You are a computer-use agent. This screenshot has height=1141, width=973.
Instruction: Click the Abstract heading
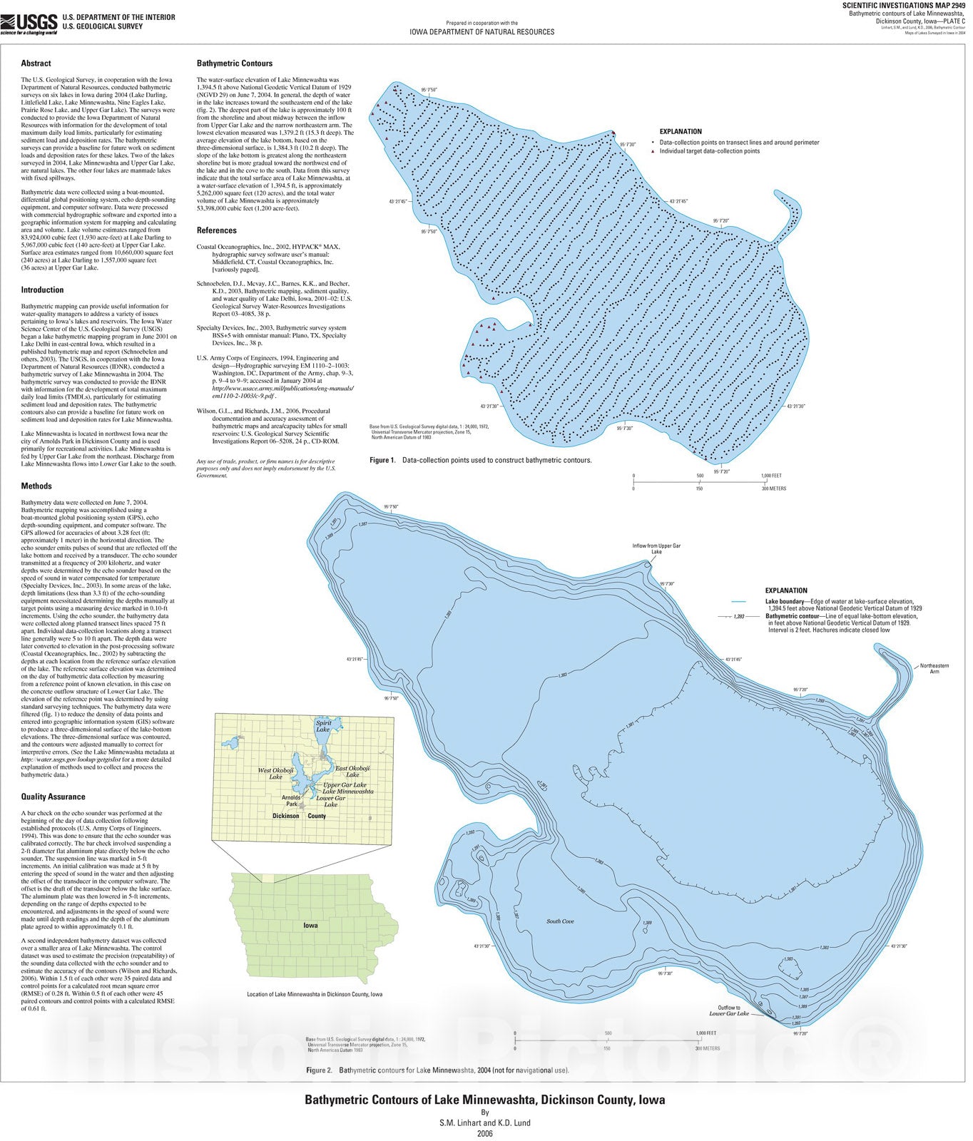36,63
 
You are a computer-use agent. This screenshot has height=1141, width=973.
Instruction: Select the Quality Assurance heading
53,797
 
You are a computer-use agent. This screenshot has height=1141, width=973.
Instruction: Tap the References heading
216,230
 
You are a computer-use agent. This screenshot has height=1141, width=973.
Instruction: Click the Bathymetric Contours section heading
235,63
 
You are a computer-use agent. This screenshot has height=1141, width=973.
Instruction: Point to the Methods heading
36,486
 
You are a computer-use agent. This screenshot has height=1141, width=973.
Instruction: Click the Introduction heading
42,290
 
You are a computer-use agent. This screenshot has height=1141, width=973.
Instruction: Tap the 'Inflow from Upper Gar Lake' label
656,548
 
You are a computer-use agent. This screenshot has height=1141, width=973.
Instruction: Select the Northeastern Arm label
934,668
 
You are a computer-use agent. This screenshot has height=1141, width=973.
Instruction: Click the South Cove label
560,921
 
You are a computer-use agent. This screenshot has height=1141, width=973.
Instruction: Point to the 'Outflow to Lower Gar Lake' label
729,1010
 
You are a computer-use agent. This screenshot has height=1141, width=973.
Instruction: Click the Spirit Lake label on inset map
323,726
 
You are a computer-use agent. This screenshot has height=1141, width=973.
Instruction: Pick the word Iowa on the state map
310,925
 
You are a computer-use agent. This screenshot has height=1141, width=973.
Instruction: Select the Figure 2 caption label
319,1070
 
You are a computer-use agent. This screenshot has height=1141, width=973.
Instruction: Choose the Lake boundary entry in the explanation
785,602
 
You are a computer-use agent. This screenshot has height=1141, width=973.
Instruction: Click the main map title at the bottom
484,1100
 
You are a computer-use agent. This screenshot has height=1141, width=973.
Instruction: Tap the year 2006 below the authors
485,1132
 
